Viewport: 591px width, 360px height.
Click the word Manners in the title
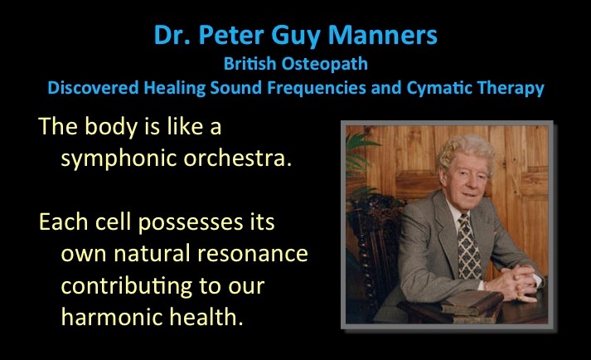(x=382, y=35)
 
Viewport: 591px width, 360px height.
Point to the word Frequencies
(x=317, y=88)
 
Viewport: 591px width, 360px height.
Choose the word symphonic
(x=119, y=158)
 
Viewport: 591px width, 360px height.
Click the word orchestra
(x=237, y=158)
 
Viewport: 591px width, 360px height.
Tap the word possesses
(x=191, y=222)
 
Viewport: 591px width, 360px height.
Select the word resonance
(x=253, y=254)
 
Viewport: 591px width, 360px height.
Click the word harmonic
(x=112, y=316)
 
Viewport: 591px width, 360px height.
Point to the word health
(x=206, y=316)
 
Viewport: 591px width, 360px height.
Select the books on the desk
(x=471, y=306)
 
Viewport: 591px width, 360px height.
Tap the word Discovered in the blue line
(x=93, y=88)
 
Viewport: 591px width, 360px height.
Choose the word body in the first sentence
(x=111, y=127)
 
